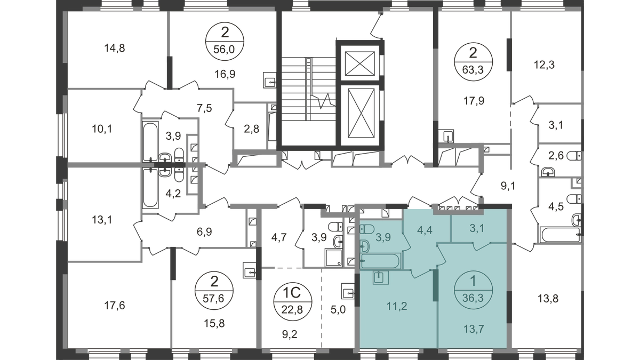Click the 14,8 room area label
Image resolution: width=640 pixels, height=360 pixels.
pos(114,48)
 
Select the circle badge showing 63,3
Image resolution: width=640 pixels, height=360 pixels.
pos(473,62)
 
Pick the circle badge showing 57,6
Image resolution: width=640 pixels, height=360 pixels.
pos(214,291)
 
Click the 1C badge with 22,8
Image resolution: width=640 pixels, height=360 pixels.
pos(293,301)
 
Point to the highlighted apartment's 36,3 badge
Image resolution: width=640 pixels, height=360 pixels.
pos(473,290)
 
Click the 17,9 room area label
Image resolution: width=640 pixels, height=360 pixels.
pos(474,101)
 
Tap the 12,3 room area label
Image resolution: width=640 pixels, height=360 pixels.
pos(544,65)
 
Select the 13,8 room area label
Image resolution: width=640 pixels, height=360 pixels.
pos(548,299)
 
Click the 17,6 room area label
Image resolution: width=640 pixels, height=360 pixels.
pos(114,306)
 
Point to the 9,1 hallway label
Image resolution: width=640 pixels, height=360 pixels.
pos(508,186)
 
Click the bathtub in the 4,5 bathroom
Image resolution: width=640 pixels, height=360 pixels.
pos(561,235)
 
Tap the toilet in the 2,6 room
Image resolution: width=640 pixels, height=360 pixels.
pos(574,156)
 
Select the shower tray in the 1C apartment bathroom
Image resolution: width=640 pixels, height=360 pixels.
pos(333,258)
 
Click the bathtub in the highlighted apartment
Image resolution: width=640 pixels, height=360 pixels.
pos(381,261)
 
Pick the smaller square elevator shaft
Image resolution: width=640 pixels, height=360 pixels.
pos(359,63)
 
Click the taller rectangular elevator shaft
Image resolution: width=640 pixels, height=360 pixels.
pos(361,113)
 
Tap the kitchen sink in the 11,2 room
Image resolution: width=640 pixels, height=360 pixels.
pos(381,278)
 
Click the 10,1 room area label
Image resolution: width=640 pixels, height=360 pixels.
pos(102,129)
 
